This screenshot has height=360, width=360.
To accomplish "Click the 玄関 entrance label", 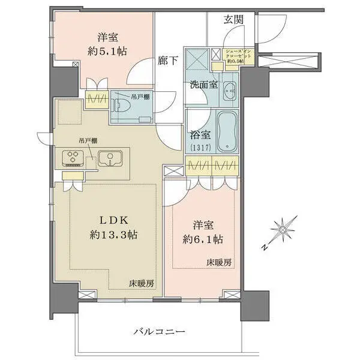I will (x=234, y=19).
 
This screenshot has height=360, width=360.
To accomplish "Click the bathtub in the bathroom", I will (x=227, y=132).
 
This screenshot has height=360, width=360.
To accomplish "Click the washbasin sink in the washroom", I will (x=229, y=92).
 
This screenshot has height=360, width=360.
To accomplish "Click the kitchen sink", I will (x=110, y=160).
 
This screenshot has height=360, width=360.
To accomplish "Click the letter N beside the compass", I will (x=263, y=246).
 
